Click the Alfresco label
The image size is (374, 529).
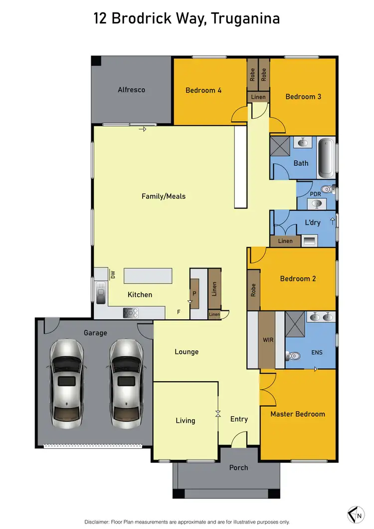131,90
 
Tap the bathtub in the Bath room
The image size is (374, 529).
327,157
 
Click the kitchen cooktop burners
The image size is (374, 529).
131,313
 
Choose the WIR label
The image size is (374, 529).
268,340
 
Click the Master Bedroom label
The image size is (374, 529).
297,414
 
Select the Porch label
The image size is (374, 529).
238,468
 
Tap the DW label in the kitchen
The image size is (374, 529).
113,274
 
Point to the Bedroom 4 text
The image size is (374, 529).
203,90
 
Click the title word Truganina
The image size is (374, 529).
245,19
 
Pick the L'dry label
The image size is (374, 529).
312,223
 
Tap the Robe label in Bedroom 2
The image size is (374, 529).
253,289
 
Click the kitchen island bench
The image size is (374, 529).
148,275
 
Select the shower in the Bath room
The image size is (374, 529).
280,147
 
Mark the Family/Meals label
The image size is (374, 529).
164,196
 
